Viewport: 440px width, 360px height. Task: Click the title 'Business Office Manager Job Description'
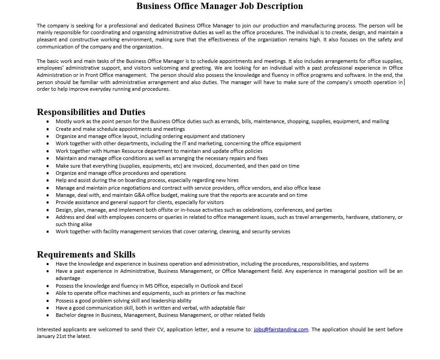(219, 6)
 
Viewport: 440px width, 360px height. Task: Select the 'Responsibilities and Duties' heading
(91, 112)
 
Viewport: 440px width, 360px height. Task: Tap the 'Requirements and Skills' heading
(86, 254)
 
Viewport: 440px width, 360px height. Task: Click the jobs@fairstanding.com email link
(281, 329)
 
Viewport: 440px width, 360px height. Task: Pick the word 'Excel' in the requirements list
(236, 286)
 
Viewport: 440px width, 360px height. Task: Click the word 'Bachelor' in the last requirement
(66, 315)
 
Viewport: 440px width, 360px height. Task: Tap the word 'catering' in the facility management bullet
(221, 231)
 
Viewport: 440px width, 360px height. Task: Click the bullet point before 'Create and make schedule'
(48, 129)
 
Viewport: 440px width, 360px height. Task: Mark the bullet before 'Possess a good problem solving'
(48, 301)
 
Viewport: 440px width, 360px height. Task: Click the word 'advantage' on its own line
(68, 278)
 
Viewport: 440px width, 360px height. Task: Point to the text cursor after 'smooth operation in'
(404, 82)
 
